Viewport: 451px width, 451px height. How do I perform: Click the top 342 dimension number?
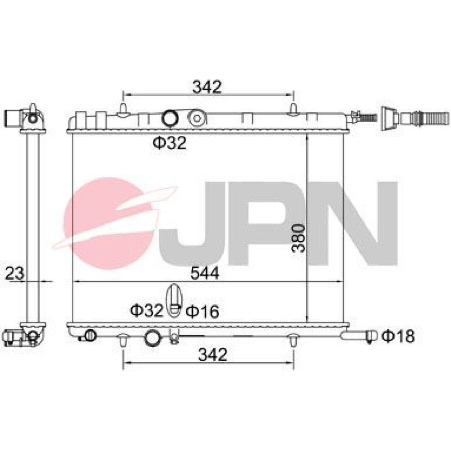point(207,87)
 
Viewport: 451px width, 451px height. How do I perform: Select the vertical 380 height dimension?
point(298,239)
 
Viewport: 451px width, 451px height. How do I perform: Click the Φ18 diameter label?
point(398,336)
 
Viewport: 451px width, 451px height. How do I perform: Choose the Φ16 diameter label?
point(202,311)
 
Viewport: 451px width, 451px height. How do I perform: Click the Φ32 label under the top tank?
point(170,143)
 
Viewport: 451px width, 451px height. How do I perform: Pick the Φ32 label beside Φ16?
point(147,310)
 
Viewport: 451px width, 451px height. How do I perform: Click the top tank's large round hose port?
point(170,118)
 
